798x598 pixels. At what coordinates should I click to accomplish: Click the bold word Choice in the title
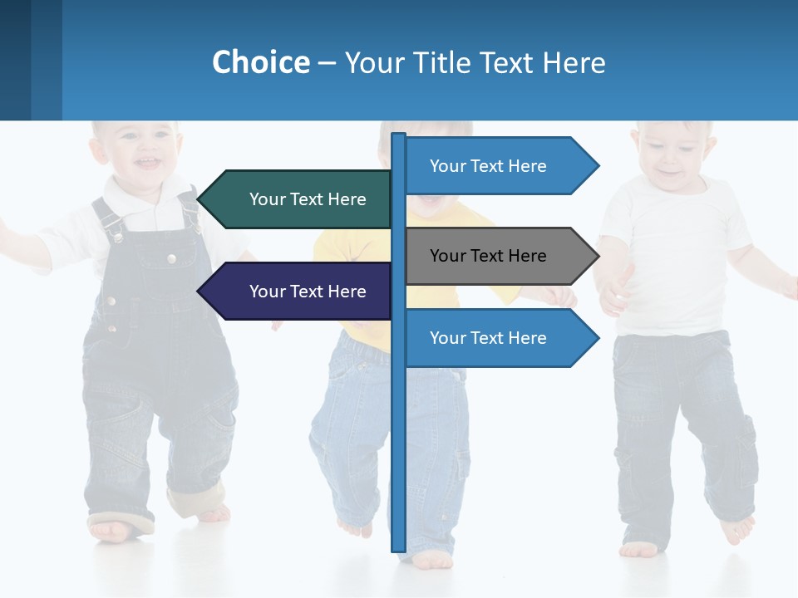[x=260, y=62]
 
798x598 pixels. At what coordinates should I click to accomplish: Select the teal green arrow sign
[x=295, y=199]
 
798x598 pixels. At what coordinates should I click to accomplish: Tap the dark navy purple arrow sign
[x=295, y=292]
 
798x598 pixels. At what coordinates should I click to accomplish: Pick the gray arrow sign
[x=499, y=256]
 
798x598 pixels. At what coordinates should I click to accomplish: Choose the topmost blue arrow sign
[x=499, y=166]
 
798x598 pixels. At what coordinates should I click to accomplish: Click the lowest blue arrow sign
[x=499, y=338]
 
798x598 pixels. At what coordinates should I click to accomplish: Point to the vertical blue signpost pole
[x=398, y=457]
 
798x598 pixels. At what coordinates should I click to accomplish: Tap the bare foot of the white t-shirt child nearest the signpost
[x=638, y=549]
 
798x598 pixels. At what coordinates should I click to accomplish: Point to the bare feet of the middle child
[x=432, y=560]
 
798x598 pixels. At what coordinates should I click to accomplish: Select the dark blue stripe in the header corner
[x=15, y=60]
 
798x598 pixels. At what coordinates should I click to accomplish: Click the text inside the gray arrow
[x=488, y=256]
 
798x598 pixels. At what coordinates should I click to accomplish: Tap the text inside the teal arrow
[x=308, y=199]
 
